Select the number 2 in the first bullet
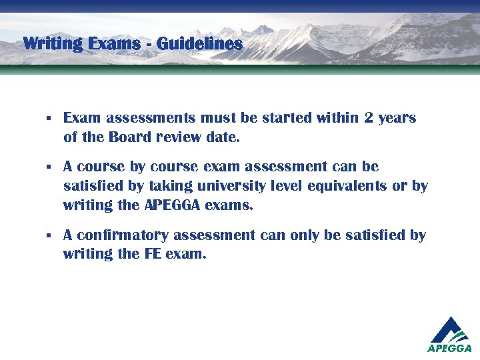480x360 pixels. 369,118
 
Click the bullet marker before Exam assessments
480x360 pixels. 49,119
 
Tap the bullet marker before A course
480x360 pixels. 49,166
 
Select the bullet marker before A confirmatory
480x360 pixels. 49,236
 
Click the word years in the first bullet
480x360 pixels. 397,119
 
